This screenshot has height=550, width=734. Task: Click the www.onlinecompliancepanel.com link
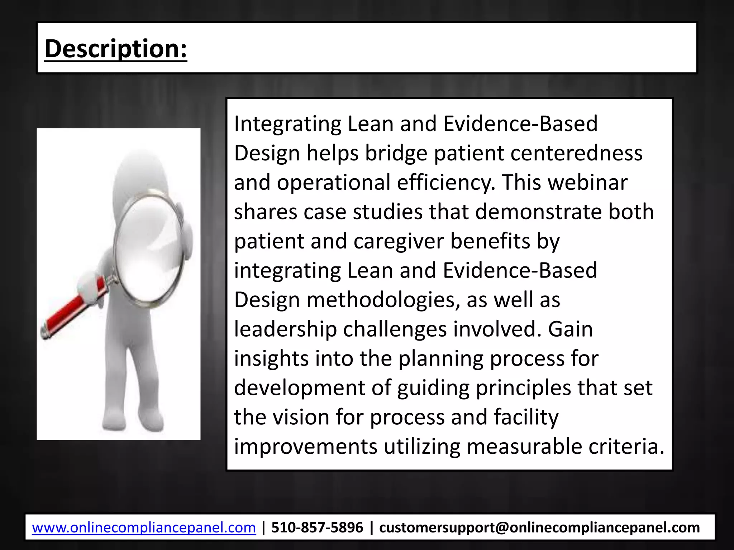pos(144,528)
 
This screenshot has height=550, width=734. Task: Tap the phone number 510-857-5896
pos(317,528)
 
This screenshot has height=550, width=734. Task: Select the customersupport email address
pos(539,528)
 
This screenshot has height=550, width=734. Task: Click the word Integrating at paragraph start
pos(287,124)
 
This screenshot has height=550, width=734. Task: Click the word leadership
pos(285,329)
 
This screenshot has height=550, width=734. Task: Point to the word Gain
pos(570,329)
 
